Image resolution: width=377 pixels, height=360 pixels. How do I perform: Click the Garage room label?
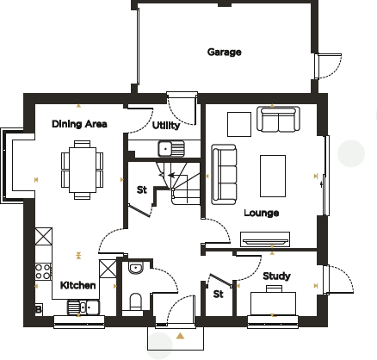224,52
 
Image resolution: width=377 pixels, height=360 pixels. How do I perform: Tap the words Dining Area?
79,124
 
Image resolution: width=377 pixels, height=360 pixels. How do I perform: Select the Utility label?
166,126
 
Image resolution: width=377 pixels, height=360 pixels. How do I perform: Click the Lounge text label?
261,213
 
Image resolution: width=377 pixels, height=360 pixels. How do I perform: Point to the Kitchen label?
77,285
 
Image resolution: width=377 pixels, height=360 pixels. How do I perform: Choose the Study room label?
276,276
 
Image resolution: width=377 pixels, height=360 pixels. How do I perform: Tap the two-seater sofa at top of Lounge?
279,119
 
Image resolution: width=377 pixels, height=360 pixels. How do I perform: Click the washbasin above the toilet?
134,269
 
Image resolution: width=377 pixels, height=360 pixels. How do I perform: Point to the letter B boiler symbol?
39,309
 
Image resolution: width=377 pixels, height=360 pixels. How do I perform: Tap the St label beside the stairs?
142,190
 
